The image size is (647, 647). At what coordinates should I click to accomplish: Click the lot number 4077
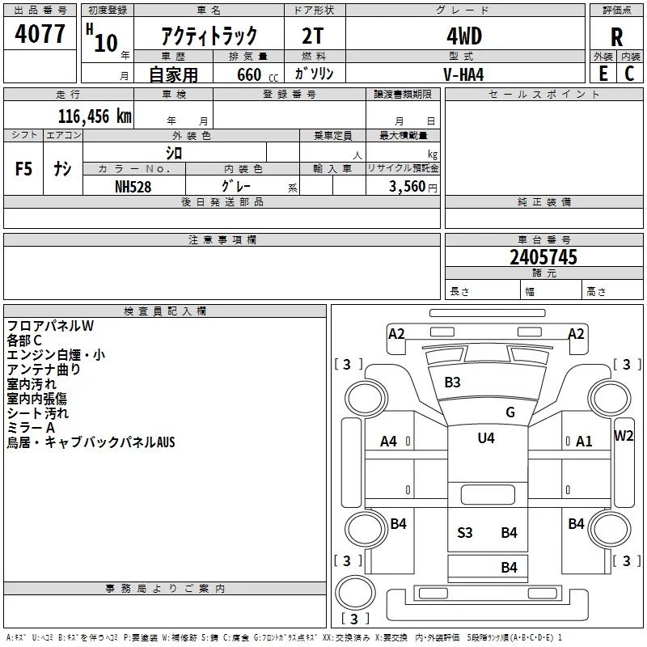pos(40,34)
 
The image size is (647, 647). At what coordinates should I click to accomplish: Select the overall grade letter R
pos(616,37)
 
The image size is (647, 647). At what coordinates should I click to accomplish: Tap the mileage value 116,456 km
pos(95,116)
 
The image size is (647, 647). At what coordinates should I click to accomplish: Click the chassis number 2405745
pos(543,257)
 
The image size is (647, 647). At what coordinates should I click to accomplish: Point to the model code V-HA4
pos(463,74)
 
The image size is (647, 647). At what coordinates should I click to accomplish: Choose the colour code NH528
pos(133,187)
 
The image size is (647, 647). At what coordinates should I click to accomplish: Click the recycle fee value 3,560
pos(407,186)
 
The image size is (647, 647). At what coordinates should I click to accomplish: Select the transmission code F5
pos(23,169)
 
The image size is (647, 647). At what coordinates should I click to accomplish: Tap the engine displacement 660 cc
pos(257,75)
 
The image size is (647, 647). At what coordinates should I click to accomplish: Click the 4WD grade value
pos(464,36)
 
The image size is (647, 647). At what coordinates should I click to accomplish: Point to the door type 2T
pos(312,36)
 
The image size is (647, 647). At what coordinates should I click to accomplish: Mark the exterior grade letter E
pos(603,74)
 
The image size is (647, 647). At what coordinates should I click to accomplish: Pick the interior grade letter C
pos(629,74)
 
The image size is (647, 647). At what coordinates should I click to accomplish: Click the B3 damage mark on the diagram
pos(452,382)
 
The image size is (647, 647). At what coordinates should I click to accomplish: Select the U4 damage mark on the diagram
pos(486,438)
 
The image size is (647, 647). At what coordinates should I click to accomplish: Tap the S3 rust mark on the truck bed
pos(464,533)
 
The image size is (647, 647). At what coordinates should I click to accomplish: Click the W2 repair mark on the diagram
pos(624,436)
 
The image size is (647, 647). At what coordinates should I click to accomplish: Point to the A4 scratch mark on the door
pos(388,442)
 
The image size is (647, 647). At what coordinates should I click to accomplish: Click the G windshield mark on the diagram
pos(510,412)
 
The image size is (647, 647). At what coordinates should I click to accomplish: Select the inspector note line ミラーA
pos(31,428)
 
